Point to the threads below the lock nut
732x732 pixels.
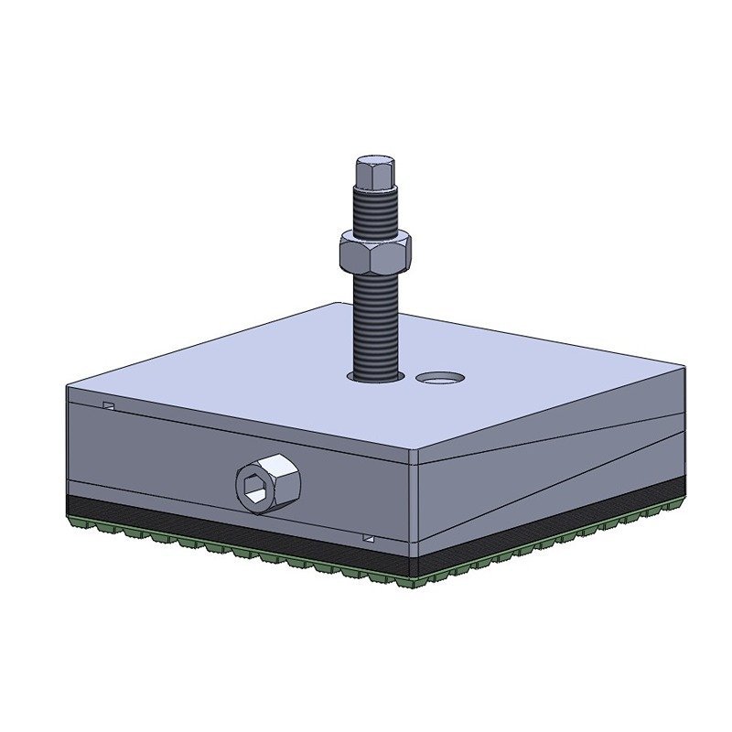coord(375,320)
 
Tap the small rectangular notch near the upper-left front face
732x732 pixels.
coord(109,405)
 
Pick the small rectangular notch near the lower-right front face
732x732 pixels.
coord(369,538)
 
